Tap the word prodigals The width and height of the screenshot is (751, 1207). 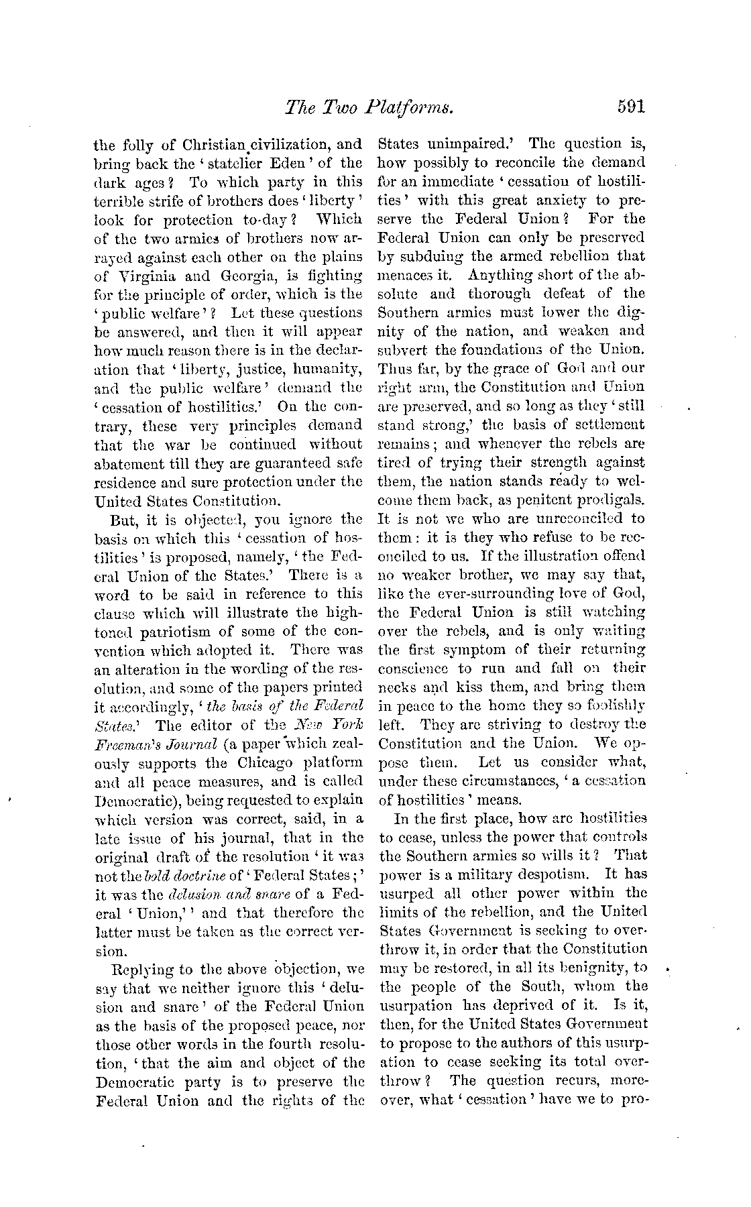tap(611, 500)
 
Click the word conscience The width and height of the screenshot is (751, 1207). tap(414, 669)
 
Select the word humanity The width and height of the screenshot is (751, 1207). tap(331, 369)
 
